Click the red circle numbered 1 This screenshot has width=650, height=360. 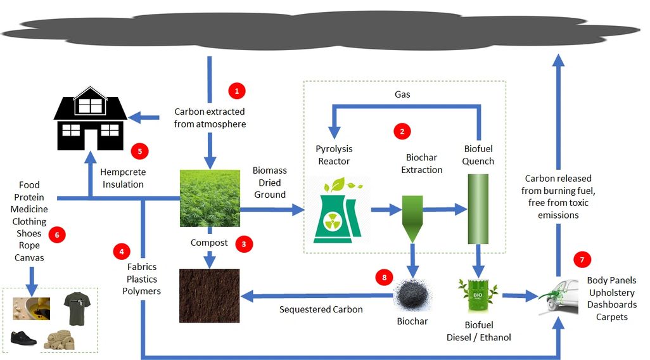click(236, 91)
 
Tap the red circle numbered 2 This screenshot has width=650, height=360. click(402, 131)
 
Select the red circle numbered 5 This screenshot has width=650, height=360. click(139, 151)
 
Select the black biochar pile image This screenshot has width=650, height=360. click(412, 297)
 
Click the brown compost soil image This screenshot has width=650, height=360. click(209, 295)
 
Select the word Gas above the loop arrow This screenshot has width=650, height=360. click(402, 94)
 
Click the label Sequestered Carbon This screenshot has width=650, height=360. click(321, 309)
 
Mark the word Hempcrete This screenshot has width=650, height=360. click(122, 172)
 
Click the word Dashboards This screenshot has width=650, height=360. click(612, 305)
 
